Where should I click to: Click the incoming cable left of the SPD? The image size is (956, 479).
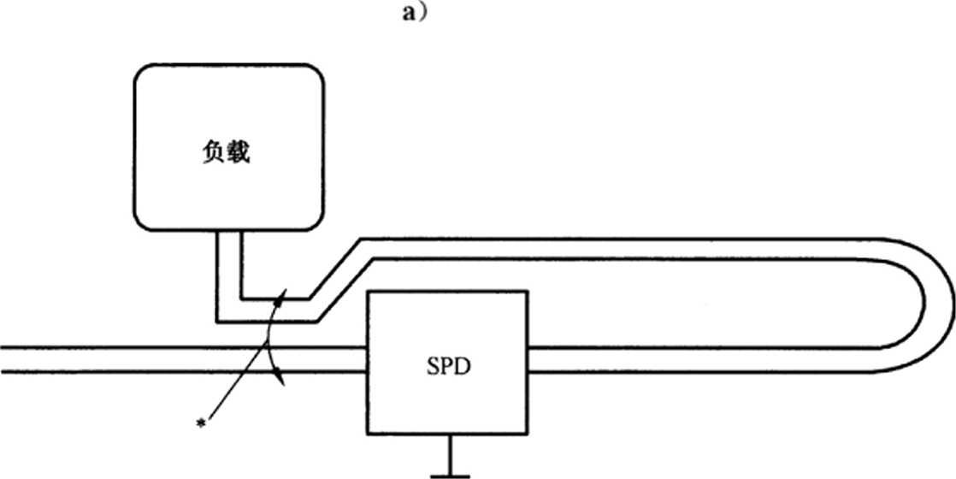pyautogui.click(x=171, y=359)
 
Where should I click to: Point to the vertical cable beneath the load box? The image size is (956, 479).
pyautogui.click(x=228, y=265)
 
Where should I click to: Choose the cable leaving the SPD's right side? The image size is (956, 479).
pyautogui.click(x=684, y=359)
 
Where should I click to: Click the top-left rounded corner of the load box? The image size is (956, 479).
pyautogui.click(x=141, y=73)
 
